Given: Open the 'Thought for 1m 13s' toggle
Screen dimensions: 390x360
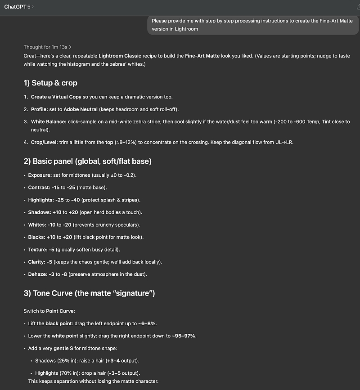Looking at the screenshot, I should (47, 47).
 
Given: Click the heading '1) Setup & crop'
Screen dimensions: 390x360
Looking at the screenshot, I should (50, 83).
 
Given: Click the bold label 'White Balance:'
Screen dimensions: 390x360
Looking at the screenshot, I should (47, 121).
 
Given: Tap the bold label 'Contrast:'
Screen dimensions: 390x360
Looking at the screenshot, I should (39, 187).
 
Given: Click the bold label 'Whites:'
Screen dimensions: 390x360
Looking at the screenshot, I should (37, 224).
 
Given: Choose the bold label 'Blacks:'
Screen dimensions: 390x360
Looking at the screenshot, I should (37, 237).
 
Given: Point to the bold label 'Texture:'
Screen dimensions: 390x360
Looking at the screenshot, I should (38, 249).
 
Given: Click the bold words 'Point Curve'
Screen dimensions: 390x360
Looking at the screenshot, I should (60, 311).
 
